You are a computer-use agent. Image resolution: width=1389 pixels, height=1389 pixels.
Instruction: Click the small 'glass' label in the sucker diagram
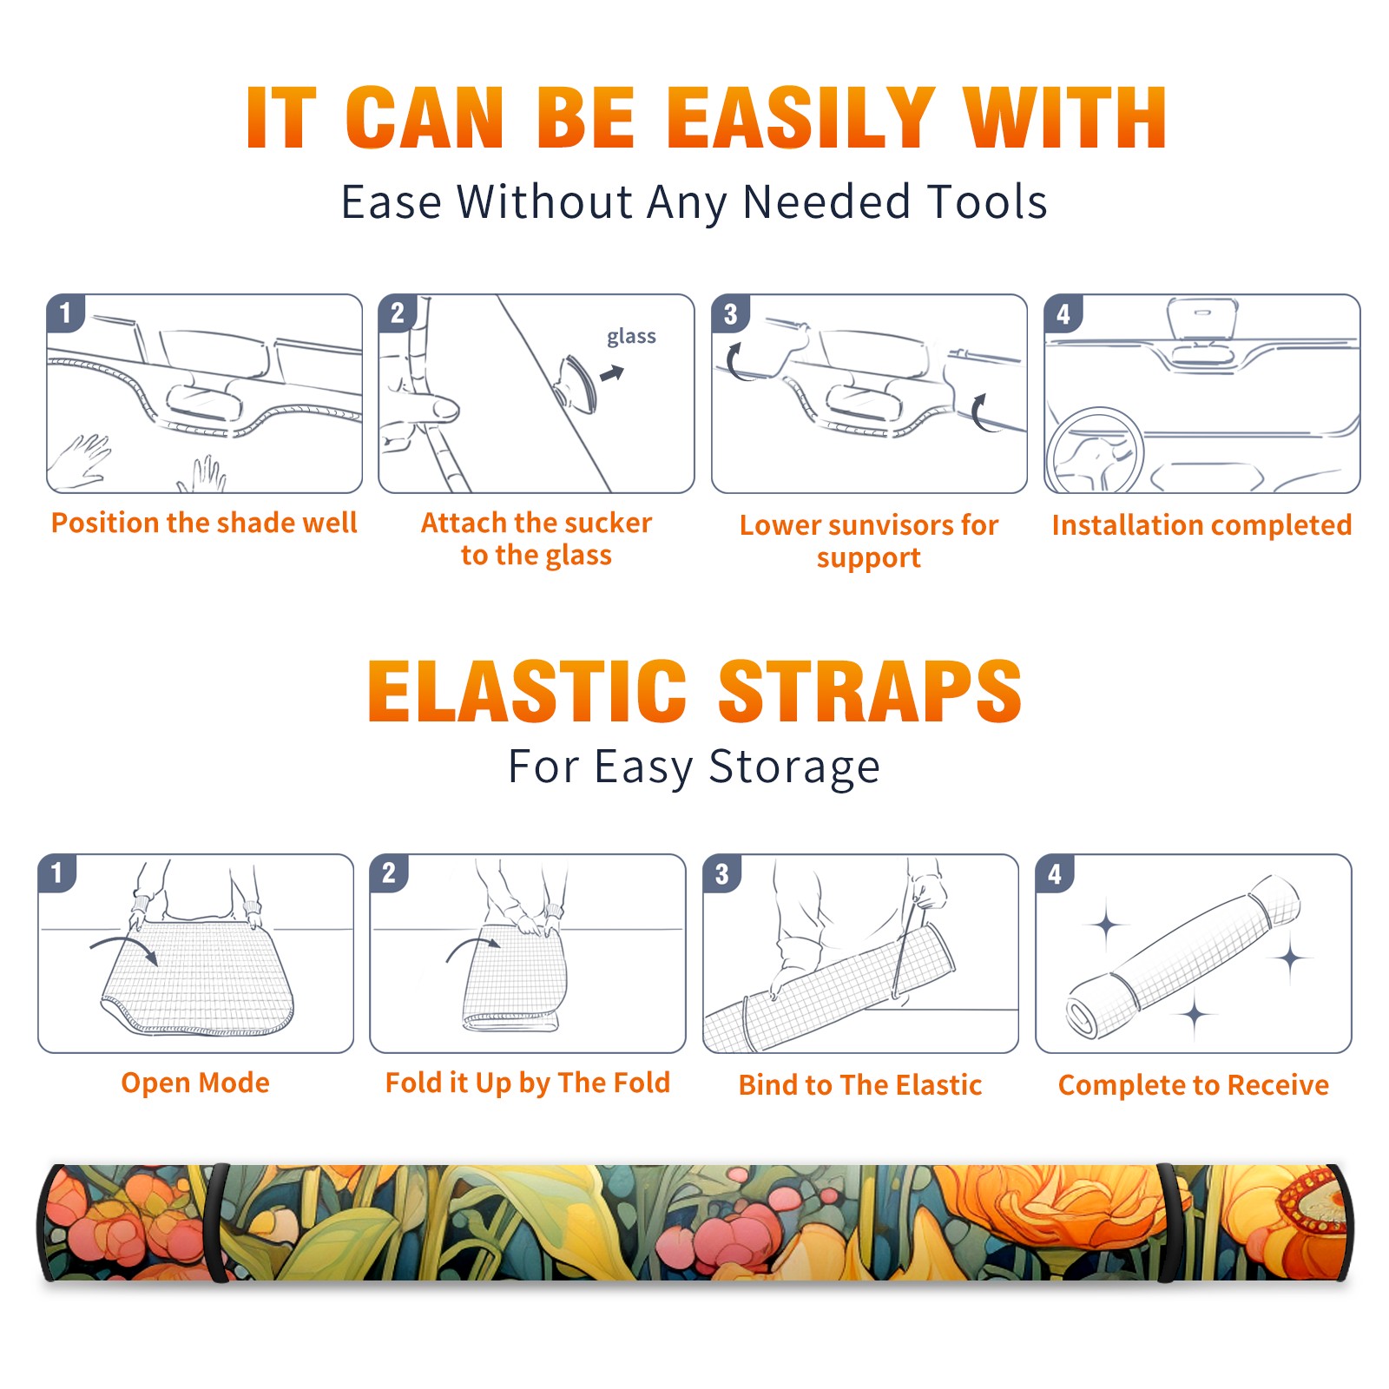[x=631, y=337]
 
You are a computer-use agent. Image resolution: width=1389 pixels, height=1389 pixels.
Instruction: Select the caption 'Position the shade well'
[x=204, y=523]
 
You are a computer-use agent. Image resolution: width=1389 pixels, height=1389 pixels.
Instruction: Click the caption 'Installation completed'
[x=1201, y=525]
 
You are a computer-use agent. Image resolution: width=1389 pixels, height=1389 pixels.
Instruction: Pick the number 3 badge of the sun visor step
[x=730, y=313]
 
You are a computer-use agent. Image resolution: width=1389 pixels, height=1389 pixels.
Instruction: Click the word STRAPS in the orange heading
[x=870, y=691]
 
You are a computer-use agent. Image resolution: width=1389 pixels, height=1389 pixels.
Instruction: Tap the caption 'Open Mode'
[x=195, y=1083]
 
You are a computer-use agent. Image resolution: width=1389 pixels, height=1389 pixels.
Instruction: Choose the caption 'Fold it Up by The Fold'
[x=528, y=1083]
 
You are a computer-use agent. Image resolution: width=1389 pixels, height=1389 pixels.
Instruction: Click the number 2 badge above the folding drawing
[x=389, y=872]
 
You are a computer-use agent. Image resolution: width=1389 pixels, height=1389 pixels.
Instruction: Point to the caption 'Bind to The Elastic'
[x=860, y=1085]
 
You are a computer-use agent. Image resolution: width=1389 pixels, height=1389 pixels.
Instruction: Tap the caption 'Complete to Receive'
[x=1194, y=1085]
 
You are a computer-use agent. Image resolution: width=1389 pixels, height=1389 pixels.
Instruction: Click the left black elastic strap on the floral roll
[x=216, y=1222]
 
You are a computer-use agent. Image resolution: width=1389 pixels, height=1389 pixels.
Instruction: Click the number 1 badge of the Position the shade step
[x=65, y=313]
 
